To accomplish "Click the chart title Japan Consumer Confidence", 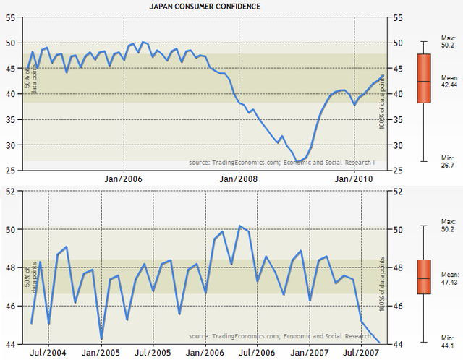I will click(205, 6).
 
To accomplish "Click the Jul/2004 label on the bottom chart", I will click(48, 351).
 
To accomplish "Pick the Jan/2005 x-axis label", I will click(101, 351).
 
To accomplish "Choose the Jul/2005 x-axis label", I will click(153, 351).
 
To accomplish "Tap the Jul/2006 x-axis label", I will click(258, 351).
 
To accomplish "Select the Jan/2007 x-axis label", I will click(310, 351).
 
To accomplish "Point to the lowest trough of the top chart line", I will click(297, 162).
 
